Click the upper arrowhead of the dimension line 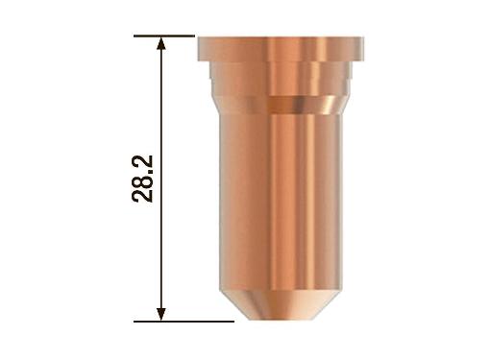162,44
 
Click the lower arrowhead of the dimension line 162,312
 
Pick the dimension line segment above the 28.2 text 162,96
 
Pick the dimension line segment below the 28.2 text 162,259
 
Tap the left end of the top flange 202,45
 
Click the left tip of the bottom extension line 135,320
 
